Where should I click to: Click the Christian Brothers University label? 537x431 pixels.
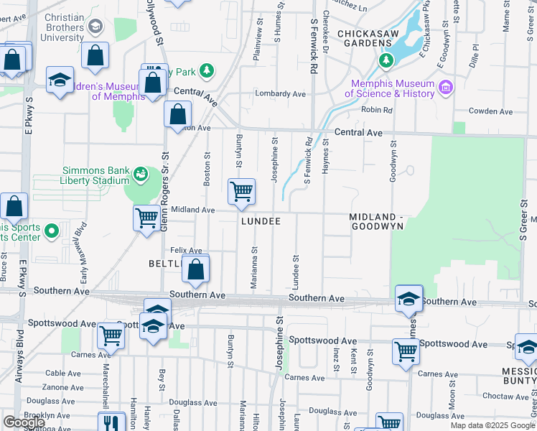pyautogui.click(x=54, y=27)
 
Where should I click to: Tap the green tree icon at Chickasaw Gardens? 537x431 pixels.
pyautogui.click(x=387, y=59)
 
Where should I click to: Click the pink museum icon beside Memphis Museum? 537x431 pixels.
pyautogui.click(x=446, y=88)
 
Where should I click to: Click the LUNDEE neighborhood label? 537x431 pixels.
pyautogui.click(x=261, y=221)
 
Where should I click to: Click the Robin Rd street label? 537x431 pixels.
pyautogui.click(x=377, y=110)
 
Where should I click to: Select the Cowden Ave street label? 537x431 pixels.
pyautogui.click(x=490, y=111)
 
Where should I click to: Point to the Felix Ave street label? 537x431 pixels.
pyautogui.click(x=185, y=250)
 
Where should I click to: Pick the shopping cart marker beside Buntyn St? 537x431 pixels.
pyautogui.click(x=242, y=192)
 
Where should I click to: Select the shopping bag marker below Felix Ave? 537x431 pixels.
pyautogui.click(x=195, y=270)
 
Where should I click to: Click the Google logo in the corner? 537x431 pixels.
pyautogui.click(x=24, y=422)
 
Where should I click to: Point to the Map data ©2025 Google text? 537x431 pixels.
pyautogui.click(x=492, y=425)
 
